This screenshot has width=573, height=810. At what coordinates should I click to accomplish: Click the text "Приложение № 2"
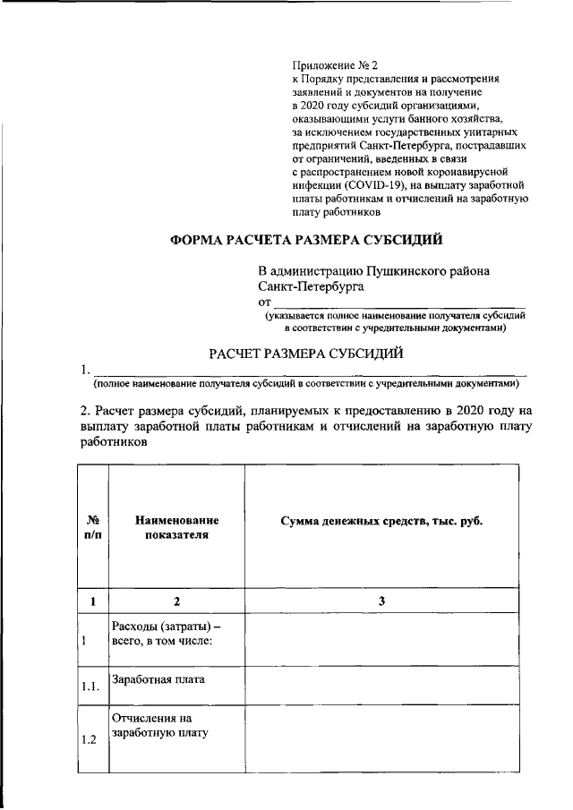tap(337, 65)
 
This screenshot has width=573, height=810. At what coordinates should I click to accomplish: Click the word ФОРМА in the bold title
tap(202, 240)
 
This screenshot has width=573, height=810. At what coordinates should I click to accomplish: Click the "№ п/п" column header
tap(92, 527)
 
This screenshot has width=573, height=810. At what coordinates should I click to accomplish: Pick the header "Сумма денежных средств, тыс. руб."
tap(381, 521)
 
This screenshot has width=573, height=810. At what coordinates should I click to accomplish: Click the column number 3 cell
tap(381, 601)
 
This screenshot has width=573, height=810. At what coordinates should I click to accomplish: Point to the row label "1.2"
tap(90, 739)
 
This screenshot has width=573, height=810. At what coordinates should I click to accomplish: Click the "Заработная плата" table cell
tap(158, 679)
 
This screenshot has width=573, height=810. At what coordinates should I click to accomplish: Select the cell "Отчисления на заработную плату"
tap(158, 726)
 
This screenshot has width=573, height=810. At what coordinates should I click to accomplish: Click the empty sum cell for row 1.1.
tap(381, 685)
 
